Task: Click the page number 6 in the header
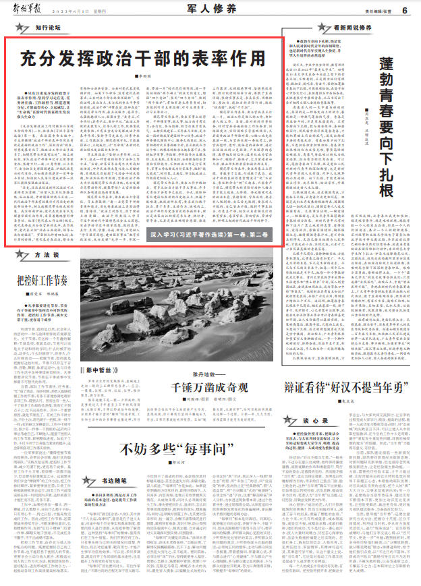tap(404, 10)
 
